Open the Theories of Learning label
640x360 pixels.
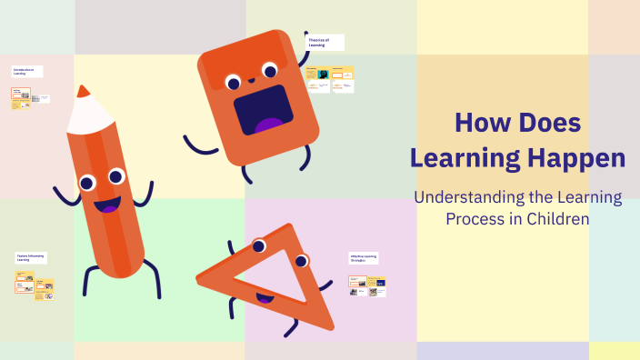325,42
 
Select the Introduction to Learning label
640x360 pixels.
26,71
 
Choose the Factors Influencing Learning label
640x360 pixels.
30,258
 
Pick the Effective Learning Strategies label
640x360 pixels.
364,258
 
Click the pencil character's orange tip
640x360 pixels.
83,91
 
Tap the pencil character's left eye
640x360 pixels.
87,184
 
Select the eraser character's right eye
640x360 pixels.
270,68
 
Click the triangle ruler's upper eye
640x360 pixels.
259,245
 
